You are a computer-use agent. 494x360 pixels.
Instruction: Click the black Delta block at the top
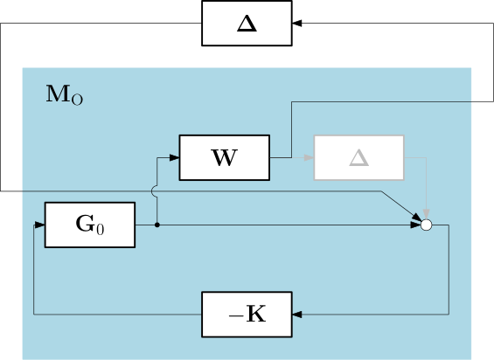(x=247, y=24)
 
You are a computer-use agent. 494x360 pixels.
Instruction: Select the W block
(x=225, y=157)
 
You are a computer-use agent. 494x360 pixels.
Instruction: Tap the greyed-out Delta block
(x=359, y=157)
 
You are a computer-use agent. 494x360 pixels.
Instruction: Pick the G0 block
(x=90, y=225)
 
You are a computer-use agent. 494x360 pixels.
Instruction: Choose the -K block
(x=247, y=315)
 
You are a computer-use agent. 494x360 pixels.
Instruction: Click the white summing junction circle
(x=427, y=225)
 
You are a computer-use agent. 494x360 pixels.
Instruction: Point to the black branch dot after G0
(x=157, y=225)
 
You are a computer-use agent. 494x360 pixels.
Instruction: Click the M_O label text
(x=65, y=94)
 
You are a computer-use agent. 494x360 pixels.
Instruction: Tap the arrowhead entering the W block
(x=175, y=157)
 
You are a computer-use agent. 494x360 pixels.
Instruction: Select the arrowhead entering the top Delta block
(x=297, y=23)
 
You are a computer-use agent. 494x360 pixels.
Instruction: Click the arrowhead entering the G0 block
(x=39, y=225)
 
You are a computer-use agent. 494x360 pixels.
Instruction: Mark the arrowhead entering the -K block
(x=297, y=315)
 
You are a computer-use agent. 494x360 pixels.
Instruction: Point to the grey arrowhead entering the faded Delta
(x=309, y=157)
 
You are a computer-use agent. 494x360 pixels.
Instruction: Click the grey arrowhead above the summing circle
(x=427, y=214)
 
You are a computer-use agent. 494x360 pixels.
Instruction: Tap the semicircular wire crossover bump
(x=154, y=191)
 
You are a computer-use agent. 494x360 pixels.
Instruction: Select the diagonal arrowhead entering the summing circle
(x=417, y=217)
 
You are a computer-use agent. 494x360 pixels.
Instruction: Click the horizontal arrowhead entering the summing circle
(x=416, y=225)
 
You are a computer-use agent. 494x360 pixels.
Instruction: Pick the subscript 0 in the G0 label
(x=101, y=229)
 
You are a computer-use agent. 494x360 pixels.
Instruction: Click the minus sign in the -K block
(x=235, y=315)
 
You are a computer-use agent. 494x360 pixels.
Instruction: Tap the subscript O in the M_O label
(x=77, y=100)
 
